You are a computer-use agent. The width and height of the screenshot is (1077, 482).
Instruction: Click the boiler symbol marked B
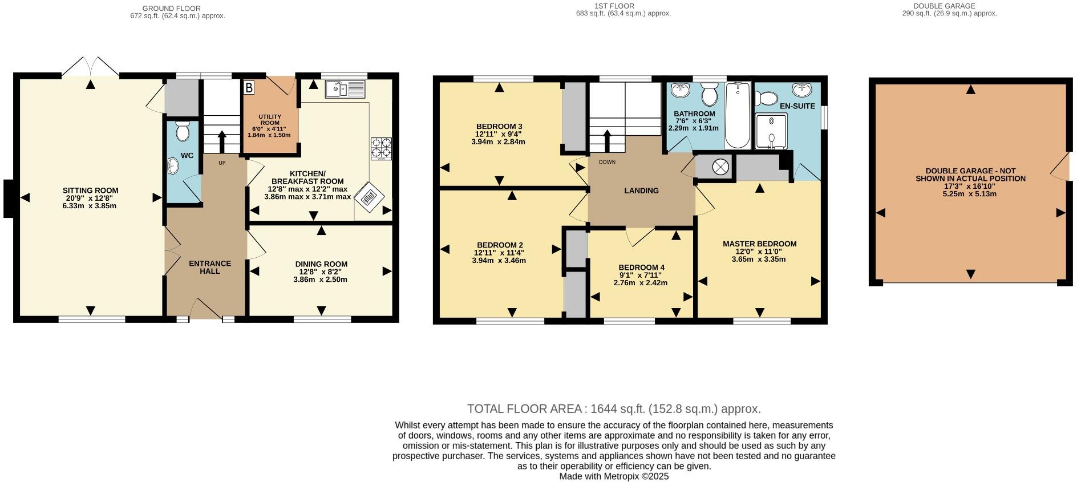(x=249, y=88)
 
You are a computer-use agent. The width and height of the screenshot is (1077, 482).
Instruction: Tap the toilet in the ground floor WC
(x=183, y=131)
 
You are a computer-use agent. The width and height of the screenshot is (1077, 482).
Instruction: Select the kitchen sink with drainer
(x=345, y=90)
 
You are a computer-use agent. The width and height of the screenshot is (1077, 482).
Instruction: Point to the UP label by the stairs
(x=222, y=163)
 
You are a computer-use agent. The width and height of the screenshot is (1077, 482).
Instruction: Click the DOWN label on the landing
(x=607, y=162)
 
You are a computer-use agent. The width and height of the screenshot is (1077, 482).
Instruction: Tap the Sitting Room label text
(x=90, y=191)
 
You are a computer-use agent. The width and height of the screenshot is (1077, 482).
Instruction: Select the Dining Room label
(x=321, y=264)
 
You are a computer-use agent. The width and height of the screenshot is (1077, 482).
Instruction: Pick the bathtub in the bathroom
(x=738, y=116)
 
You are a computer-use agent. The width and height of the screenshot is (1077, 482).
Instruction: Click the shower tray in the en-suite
(x=771, y=131)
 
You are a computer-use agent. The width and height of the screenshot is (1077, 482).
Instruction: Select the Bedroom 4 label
(x=641, y=268)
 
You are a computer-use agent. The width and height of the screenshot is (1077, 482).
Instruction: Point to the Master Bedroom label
(x=759, y=244)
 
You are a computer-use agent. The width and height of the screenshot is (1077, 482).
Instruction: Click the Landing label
(x=641, y=191)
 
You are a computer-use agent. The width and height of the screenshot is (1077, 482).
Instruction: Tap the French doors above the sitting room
(x=90, y=66)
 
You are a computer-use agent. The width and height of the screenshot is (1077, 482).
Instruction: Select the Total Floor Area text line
(x=614, y=409)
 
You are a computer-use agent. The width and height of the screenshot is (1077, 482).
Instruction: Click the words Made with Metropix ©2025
(x=614, y=476)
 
